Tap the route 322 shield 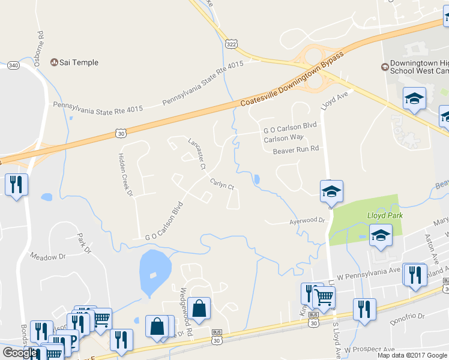(231, 44)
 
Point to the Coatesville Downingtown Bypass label (292, 79)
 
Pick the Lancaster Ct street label (196, 154)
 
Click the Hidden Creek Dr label (124, 174)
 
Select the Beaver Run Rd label (295, 149)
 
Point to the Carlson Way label (284, 138)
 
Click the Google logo (19, 352)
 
